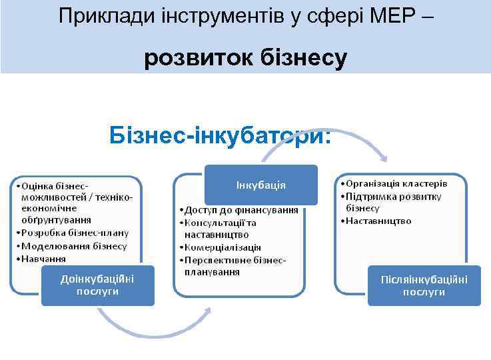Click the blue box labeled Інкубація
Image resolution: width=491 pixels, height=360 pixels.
pyautogui.click(x=261, y=185)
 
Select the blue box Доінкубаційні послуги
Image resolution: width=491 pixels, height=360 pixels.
pyautogui.click(x=97, y=285)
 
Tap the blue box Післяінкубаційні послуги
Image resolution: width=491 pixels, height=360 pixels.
pyautogui.click(x=424, y=285)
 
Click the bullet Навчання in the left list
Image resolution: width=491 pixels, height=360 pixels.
pyautogui.click(x=43, y=259)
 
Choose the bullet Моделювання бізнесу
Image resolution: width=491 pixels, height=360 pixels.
pyautogui.click(x=73, y=246)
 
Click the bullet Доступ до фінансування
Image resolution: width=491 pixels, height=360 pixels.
pyautogui.click(x=241, y=210)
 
